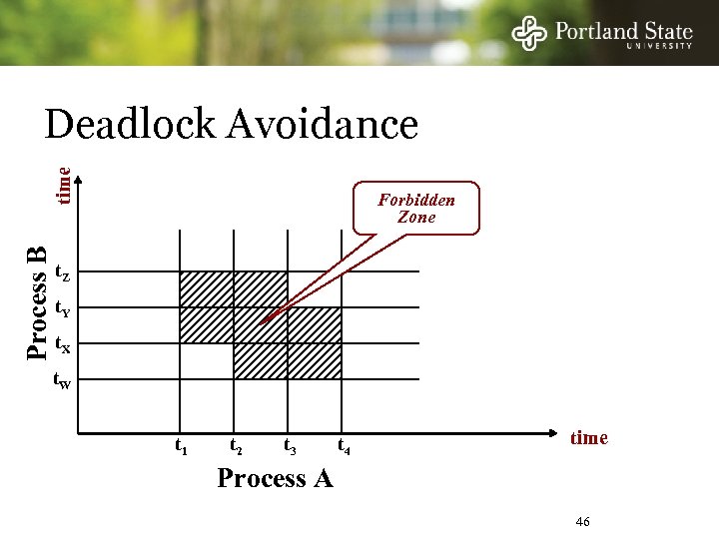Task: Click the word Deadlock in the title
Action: [130, 125]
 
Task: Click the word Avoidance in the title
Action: [322, 125]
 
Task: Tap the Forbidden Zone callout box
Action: [416, 208]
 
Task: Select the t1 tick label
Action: [181, 446]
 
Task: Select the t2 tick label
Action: [236, 446]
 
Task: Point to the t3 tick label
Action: [290, 446]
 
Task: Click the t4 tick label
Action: [344, 446]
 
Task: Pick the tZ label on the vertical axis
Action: [61, 271]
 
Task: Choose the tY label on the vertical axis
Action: [61, 308]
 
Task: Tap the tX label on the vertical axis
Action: [61, 345]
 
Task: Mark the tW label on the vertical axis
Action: [61, 381]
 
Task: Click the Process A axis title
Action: [275, 479]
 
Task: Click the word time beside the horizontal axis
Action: [588, 438]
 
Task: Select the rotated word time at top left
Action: [63, 186]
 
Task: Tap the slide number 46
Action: [583, 522]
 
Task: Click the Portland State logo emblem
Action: [529, 33]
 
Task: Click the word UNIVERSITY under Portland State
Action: [659, 46]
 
